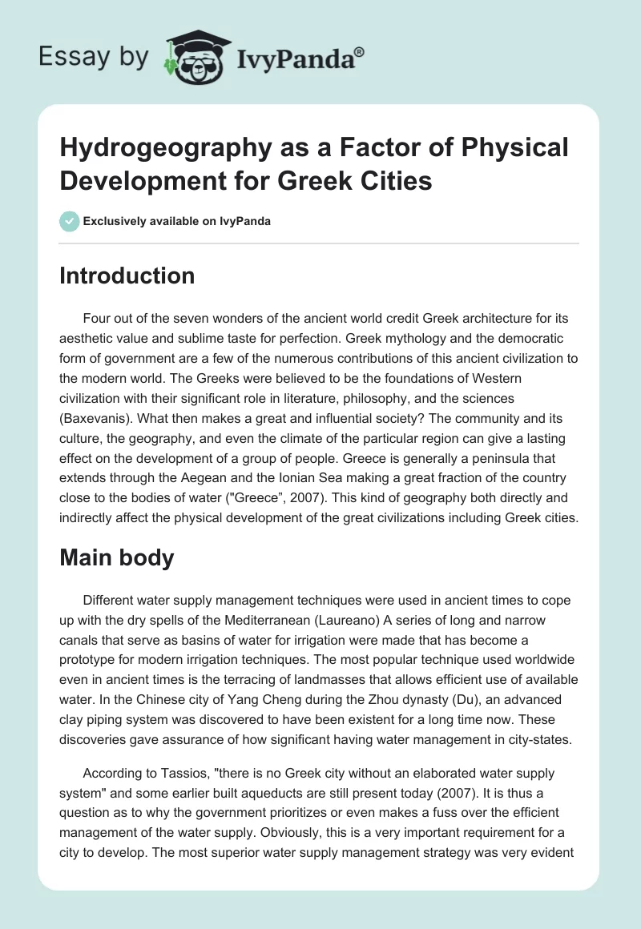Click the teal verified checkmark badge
point(70,220)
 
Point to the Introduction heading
point(127,275)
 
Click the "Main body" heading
point(117,557)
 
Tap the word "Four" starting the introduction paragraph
point(97,319)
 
